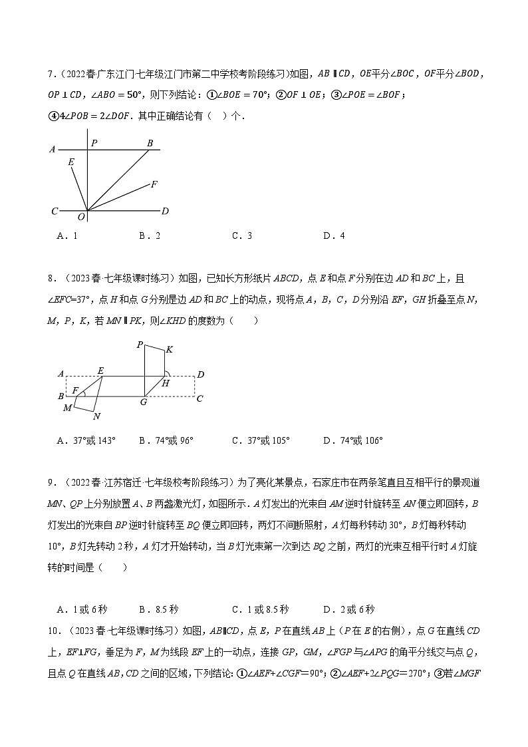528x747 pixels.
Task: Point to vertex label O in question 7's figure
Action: click(81, 217)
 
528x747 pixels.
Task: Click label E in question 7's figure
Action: click(70, 162)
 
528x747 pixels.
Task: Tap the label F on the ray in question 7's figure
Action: click(154, 184)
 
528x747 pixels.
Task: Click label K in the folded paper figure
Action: click(170, 349)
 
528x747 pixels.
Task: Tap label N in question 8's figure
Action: click(96, 417)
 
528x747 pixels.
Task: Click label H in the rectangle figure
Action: click(165, 383)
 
